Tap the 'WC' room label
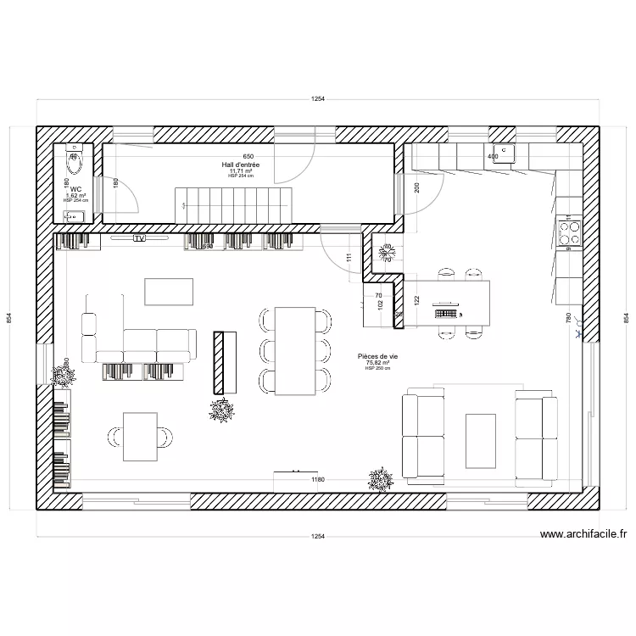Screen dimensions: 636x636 (75, 189)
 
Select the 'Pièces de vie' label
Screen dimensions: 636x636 (377, 357)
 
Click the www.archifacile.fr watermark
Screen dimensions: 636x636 (583, 534)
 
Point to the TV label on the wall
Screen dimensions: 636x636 (139, 239)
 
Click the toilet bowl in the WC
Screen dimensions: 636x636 (74, 158)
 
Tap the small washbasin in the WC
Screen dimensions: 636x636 (75, 216)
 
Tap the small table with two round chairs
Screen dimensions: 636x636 (141, 436)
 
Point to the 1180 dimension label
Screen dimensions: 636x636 (318, 480)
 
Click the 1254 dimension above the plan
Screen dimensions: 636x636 (317, 99)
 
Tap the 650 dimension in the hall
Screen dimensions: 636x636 (248, 157)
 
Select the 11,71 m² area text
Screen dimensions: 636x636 (242, 171)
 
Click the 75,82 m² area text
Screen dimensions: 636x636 (377, 363)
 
